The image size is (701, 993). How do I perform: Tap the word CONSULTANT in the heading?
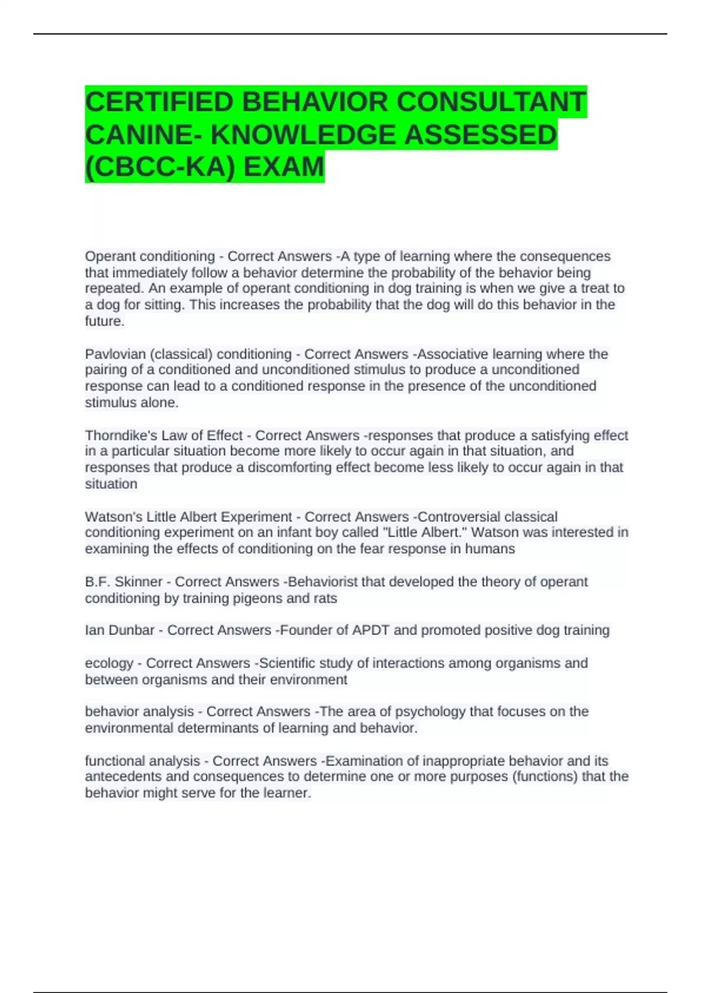(491, 102)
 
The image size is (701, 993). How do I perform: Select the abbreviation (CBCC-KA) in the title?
(160, 167)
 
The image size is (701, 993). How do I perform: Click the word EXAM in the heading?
(283, 167)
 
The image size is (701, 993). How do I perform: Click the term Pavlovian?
(114, 354)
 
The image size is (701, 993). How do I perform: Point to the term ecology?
(109, 664)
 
